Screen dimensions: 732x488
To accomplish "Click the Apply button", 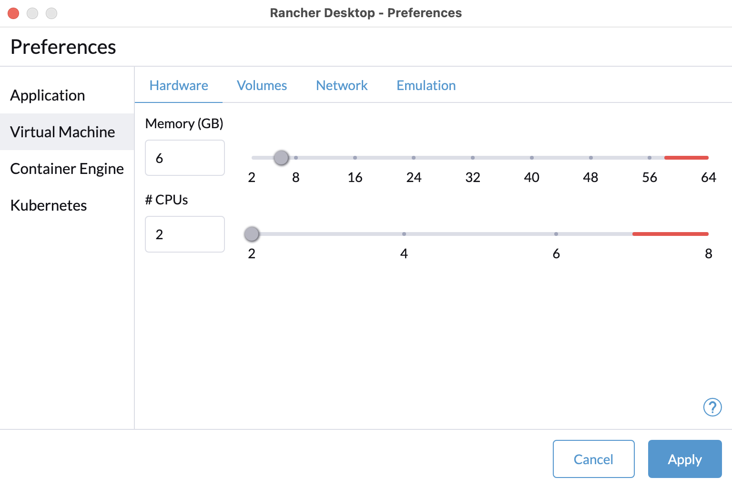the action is point(685,458).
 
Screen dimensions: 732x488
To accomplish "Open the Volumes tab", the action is point(262,85).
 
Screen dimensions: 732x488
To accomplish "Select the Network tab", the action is point(342,85).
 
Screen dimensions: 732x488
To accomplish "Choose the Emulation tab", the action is point(426,85).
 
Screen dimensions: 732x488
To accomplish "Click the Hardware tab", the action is point(179,85).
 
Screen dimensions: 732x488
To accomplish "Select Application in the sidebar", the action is point(47,95).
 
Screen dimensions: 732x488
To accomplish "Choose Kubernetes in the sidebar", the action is point(48,205).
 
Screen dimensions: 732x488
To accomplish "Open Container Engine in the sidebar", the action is point(67,169).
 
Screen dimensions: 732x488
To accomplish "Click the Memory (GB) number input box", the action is point(184,158).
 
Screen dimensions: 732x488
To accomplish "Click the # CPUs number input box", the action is point(184,234).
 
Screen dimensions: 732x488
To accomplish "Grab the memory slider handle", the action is point(281,158).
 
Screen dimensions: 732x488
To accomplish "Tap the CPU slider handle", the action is point(252,234).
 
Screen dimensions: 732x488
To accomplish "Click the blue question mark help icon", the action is point(712,407).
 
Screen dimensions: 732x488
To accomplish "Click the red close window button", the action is point(13,13).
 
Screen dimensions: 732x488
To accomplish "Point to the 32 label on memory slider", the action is point(473,177).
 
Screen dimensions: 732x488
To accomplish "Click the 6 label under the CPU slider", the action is point(556,254).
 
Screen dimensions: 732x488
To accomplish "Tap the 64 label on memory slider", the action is point(709,177).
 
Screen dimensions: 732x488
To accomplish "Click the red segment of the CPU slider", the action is point(670,234).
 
